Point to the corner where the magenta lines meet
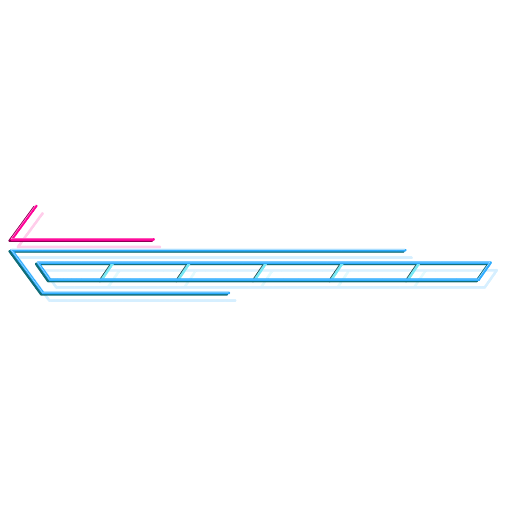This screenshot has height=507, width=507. [x=10, y=240]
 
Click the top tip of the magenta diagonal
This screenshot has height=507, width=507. [x=36, y=206]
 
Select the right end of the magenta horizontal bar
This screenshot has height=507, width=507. [x=153, y=240]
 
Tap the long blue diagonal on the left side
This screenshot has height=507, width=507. [x=26, y=272]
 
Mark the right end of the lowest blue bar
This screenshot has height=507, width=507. [x=228, y=293]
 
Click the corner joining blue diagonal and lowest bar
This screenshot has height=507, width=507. [x=42, y=293]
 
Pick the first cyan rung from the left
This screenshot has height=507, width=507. [x=106, y=272]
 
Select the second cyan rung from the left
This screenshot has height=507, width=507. [x=183, y=272]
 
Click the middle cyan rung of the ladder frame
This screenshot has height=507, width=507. [x=260, y=272]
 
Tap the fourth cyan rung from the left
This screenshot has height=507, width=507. [x=336, y=272]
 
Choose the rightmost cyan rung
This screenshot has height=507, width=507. [x=413, y=272]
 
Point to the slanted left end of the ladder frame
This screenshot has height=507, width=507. [x=43, y=272]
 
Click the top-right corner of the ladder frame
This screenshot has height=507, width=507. [x=490, y=263]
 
